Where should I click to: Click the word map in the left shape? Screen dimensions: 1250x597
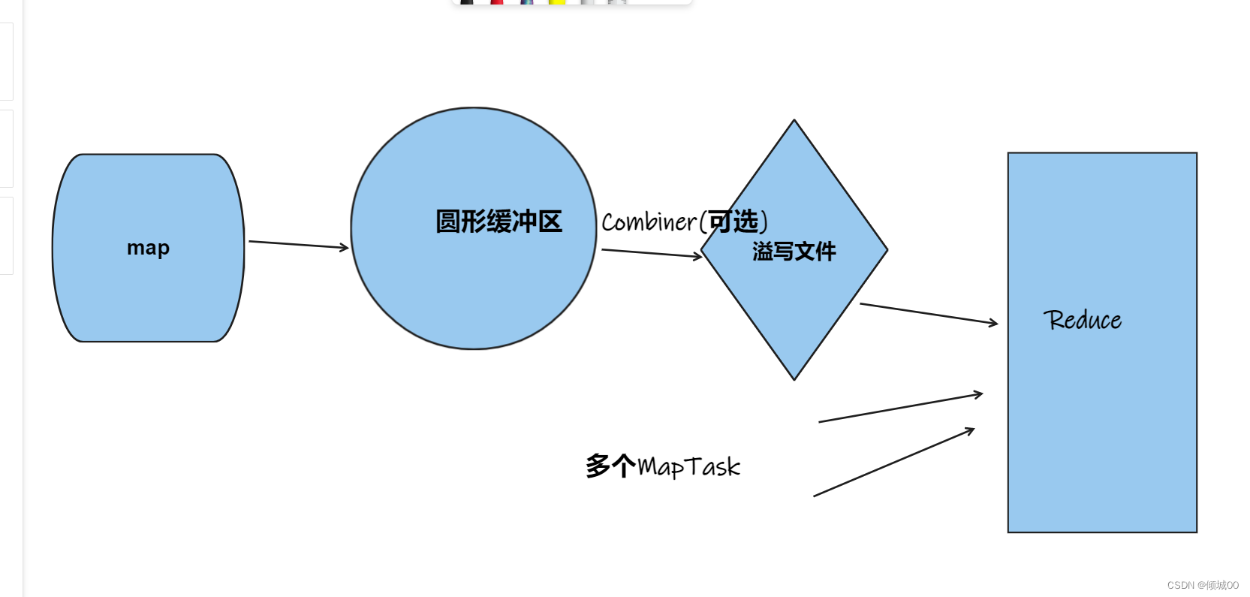(x=148, y=248)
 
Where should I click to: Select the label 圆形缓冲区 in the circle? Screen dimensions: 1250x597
(x=498, y=222)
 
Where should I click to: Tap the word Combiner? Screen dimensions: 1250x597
(x=649, y=222)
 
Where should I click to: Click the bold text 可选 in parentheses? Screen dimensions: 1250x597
(x=733, y=222)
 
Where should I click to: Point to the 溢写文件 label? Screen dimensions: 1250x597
(x=794, y=252)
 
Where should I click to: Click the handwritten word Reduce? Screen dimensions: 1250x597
(x=1082, y=320)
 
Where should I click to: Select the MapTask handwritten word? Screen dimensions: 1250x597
(x=689, y=467)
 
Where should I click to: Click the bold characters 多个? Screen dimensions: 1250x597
(x=610, y=466)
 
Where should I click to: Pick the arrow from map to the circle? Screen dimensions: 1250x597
(x=299, y=245)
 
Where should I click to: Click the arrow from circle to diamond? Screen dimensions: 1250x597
(x=652, y=253)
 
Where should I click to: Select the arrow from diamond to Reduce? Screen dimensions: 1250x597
(x=929, y=314)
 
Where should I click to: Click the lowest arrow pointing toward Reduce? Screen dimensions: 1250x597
(x=893, y=463)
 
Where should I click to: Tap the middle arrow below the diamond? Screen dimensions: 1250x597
(x=900, y=408)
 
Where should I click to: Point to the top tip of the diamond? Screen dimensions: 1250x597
(x=794, y=121)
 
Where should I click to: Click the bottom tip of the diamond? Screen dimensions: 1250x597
(x=794, y=379)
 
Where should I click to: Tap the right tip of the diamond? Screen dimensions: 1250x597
(x=887, y=249)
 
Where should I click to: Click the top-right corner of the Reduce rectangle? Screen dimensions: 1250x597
(x=1196, y=154)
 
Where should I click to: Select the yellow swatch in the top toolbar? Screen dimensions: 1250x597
(x=557, y=2)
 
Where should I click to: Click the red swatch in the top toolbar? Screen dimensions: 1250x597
(x=496, y=2)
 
